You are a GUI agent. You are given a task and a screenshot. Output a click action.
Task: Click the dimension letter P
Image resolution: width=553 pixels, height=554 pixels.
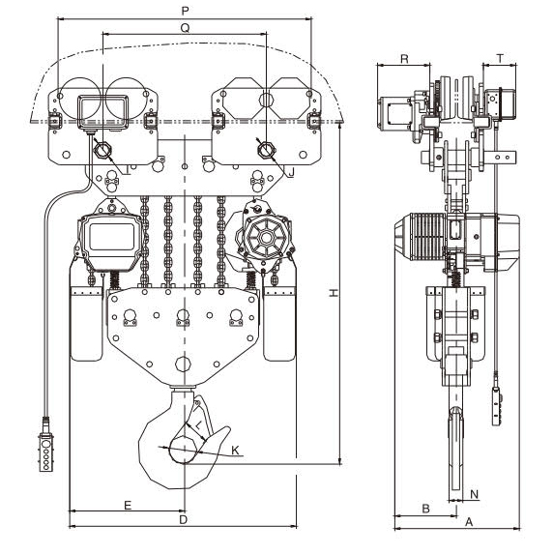(185, 11)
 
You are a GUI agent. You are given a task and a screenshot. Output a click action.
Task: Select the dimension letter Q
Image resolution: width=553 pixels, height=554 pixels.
(185, 28)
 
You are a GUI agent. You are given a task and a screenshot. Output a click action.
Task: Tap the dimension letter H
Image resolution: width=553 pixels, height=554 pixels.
(334, 293)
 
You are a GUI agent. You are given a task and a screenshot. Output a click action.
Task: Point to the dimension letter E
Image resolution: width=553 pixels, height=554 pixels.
(128, 506)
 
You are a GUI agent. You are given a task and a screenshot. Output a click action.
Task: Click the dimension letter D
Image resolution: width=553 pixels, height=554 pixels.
(183, 520)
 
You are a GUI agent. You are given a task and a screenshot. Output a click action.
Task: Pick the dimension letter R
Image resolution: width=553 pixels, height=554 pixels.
(404, 59)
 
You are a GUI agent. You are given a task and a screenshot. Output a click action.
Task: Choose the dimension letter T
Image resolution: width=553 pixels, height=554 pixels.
(500, 59)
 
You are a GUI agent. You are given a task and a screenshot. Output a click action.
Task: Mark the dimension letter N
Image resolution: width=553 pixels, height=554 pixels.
(475, 494)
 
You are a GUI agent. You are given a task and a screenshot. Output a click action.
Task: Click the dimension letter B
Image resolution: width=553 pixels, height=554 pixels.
(425, 509)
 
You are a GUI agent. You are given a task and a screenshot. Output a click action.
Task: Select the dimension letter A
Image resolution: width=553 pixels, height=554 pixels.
(469, 522)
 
